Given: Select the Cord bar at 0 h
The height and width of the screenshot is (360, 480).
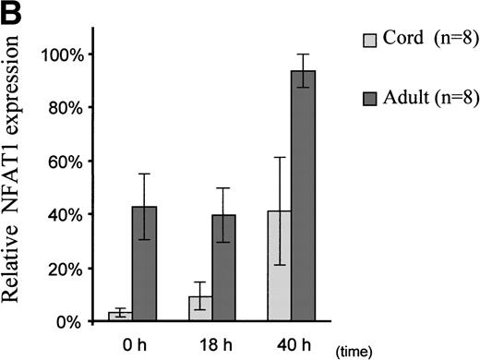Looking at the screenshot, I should point(118,317).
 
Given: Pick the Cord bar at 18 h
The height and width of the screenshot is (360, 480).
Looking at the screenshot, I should point(200,308).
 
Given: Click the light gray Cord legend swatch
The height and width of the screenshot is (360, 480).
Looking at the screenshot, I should point(365,41).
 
